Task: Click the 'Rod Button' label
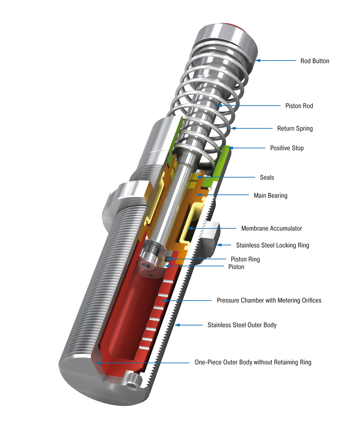click(315, 61)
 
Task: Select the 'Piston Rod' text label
click(299, 106)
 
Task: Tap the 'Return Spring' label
click(295, 128)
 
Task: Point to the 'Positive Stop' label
click(286, 148)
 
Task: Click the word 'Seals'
click(267, 177)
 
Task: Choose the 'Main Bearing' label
click(270, 195)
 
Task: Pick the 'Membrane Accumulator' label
click(271, 228)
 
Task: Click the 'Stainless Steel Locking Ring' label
click(272, 245)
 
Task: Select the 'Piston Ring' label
click(245, 259)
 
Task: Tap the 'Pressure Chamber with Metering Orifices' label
click(269, 300)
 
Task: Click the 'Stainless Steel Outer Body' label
click(242, 325)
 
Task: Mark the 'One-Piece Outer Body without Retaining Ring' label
click(253, 363)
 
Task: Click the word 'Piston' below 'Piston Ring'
click(236, 267)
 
